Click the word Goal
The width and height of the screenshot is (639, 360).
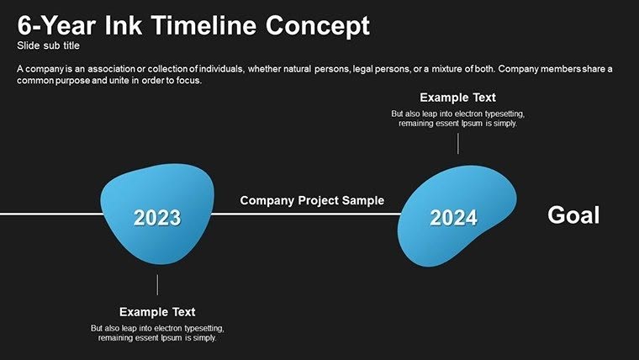point(573,215)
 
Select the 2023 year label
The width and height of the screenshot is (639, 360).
point(157,218)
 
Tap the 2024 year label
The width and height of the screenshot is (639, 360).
point(453,218)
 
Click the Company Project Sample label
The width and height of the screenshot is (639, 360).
point(312,200)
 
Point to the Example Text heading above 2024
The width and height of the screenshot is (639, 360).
point(457,98)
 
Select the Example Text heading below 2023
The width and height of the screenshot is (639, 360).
point(157,311)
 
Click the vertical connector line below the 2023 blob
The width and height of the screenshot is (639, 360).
point(157,283)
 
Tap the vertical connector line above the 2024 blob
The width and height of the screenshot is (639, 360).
point(457,143)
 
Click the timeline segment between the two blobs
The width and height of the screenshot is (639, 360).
point(307,214)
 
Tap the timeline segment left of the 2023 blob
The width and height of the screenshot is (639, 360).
point(50,214)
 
